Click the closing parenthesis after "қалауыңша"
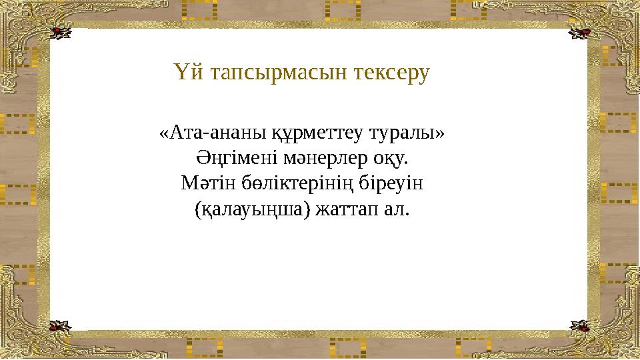(307, 211)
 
